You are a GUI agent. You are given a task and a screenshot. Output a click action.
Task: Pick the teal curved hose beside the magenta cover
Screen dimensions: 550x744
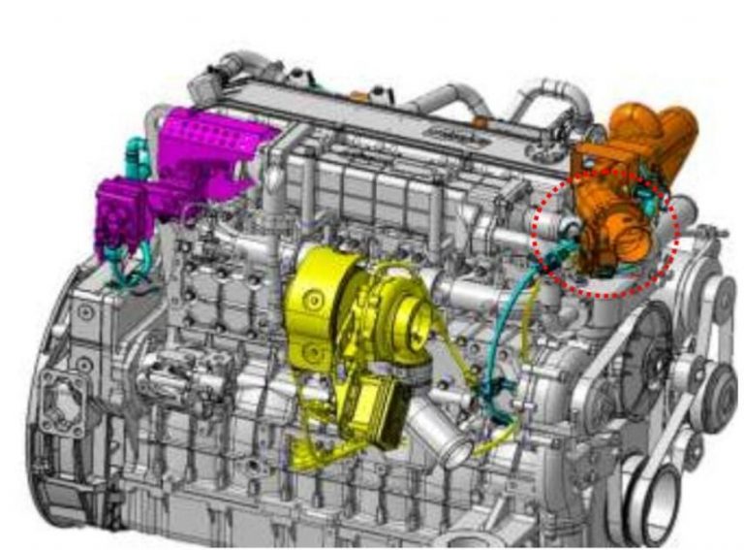point(137,155)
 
